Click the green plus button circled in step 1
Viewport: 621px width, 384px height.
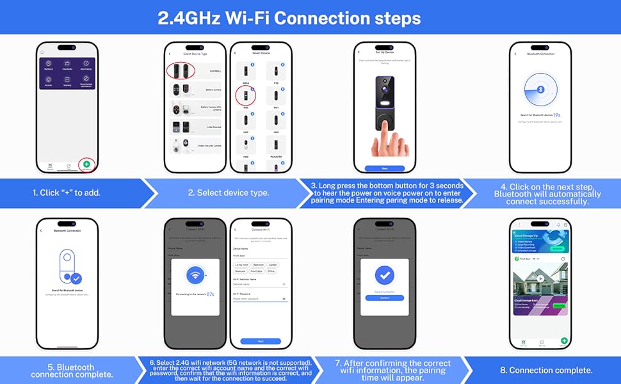click(86, 164)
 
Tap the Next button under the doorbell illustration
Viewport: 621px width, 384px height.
click(384, 168)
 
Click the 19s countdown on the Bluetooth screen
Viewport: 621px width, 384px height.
click(557, 115)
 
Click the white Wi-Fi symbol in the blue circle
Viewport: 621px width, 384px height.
click(195, 276)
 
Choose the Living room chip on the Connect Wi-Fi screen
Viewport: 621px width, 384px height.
click(242, 264)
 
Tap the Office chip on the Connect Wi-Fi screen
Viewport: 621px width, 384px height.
click(271, 271)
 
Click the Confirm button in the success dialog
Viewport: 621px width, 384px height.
click(384, 298)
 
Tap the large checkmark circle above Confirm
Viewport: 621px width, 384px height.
click(384, 275)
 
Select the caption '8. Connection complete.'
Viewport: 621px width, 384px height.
click(546, 370)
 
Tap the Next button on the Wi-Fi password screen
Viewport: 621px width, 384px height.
click(260, 341)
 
